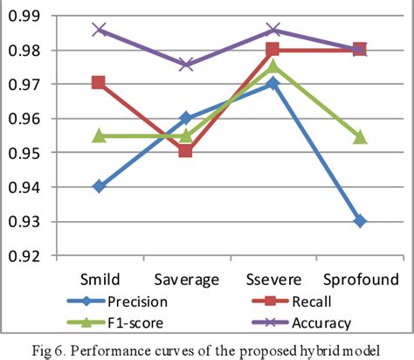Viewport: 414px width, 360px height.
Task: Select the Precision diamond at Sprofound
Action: coord(361,221)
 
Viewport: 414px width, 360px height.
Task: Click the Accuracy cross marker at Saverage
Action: coord(186,64)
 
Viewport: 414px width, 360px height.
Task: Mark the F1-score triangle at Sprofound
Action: coord(361,137)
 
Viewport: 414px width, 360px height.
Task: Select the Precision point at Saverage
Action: coord(186,118)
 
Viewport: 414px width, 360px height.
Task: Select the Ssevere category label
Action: coord(273,279)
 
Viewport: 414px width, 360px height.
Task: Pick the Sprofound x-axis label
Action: coord(361,279)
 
